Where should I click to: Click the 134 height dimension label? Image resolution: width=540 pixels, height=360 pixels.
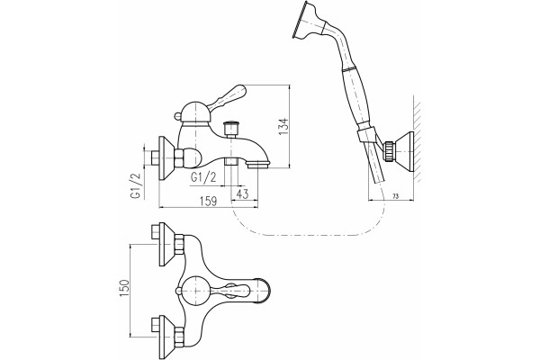[x=283, y=126]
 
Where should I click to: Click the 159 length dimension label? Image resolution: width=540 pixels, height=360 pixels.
[x=208, y=202]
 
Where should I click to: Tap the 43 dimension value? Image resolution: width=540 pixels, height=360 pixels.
[x=242, y=194]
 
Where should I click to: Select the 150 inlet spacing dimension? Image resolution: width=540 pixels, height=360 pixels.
[x=125, y=288]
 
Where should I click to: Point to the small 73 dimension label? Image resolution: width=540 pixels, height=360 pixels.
[x=395, y=196]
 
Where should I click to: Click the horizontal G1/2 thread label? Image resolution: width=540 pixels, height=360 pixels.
[x=203, y=178]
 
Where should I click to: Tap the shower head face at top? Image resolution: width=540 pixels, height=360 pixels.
[x=298, y=20]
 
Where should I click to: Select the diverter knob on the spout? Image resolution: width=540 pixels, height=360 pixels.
[x=230, y=129]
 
